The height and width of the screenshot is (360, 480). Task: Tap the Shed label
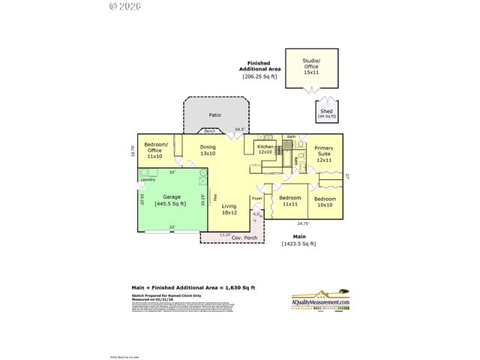[326, 113]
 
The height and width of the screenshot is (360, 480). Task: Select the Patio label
[214, 115]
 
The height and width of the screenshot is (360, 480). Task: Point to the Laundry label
[148, 179]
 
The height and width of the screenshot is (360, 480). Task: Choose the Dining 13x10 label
[208, 150]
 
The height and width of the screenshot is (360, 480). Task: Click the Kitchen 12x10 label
[265, 149]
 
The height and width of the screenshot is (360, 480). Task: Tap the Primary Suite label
[323, 154]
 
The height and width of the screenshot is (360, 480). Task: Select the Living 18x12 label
[229, 208]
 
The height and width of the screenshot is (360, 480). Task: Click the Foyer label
[256, 199]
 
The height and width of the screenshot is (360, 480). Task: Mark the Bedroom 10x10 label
[324, 202]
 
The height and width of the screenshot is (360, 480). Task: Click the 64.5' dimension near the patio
[240, 129]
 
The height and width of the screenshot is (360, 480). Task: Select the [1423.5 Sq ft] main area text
[298, 243]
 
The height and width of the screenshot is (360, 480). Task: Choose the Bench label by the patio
[199, 131]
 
